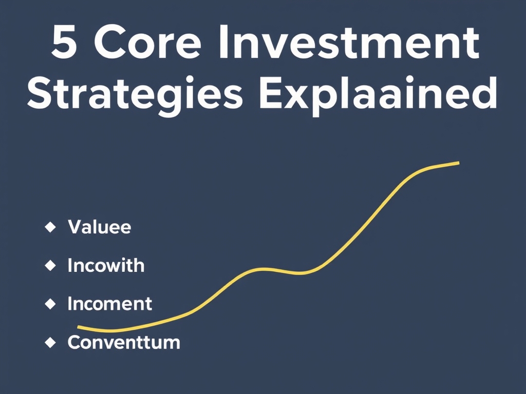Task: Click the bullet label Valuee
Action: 99,227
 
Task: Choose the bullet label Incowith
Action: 106,266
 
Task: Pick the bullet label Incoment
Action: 109,304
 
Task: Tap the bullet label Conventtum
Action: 124,342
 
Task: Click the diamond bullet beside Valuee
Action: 50,227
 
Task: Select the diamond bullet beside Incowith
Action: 50,265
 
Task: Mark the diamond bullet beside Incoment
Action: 50,304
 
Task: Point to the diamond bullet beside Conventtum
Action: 50,342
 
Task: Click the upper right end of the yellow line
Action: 458,163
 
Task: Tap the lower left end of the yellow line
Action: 79,327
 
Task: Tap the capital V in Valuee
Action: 74,227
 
